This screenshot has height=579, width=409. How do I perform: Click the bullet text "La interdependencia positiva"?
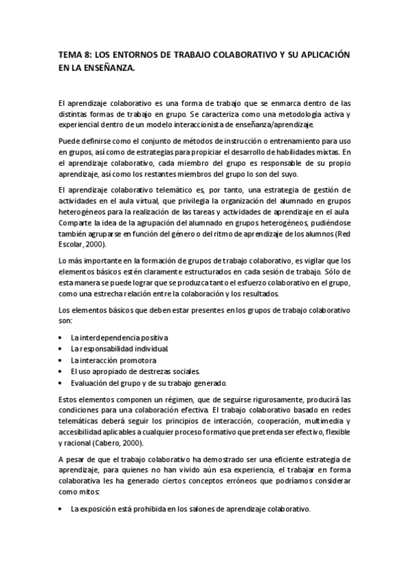pyautogui.click(x=119, y=338)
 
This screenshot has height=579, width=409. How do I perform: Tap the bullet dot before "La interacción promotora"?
pyautogui.click(x=61, y=361)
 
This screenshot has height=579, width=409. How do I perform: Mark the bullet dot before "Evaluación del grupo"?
pyautogui.click(x=61, y=382)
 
